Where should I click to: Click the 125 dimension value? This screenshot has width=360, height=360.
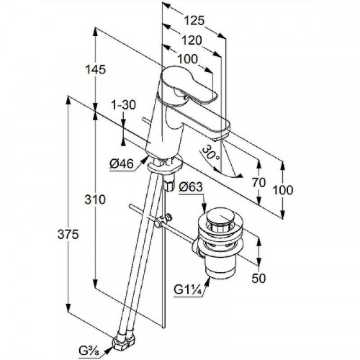coord(194,21)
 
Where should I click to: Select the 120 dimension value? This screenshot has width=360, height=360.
coord(192,40)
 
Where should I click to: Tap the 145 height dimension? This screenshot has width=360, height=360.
coord(96,70)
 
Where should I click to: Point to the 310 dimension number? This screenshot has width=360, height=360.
coord(95,199)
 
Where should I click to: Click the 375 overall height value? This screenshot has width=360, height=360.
coord(68,234)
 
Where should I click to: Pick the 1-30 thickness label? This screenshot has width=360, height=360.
coord(123,105)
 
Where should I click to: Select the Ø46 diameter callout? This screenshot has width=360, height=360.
coord(122,164)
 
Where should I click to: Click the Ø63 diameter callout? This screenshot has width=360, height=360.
coord(191,186)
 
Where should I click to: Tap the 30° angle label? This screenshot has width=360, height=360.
coord(210,153)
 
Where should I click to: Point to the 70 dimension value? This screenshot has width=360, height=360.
coord(259,183)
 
